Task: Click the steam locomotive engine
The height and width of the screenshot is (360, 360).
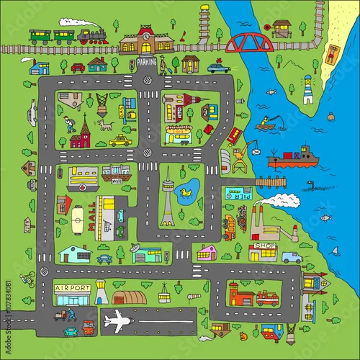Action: (93, 36)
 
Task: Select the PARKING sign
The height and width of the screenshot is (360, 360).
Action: (147, 63)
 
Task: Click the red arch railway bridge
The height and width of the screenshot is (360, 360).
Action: (249, 44)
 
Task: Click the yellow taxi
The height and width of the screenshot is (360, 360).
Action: (120, 140)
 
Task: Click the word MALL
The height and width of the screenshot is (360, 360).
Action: (91, 216)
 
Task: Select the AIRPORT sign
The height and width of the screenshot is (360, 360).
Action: (73, 288)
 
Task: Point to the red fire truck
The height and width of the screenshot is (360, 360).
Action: (267, 298)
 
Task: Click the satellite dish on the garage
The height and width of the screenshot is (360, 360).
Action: (135, 248)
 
